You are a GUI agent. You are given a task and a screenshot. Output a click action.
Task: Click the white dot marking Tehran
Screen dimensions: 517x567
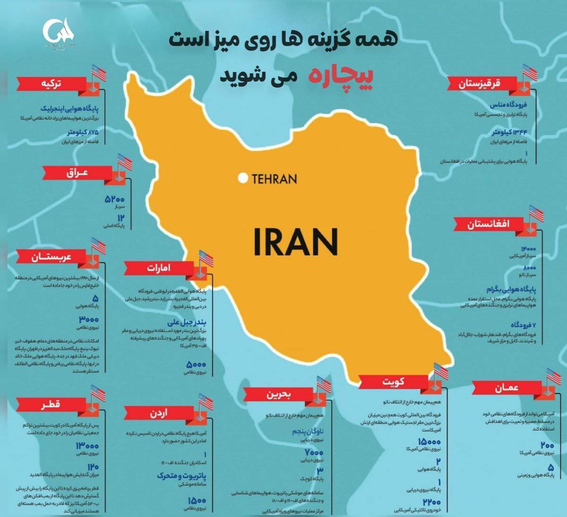[x=243, y=178]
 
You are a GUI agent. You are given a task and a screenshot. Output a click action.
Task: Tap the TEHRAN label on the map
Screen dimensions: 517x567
[x=275, y=179]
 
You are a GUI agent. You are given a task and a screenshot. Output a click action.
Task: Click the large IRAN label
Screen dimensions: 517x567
[x=296, y=241]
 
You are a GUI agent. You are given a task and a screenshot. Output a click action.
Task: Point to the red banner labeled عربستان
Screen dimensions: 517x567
[x=52, y=257]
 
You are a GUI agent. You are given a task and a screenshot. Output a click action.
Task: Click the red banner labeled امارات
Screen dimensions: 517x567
[x=159, y=268]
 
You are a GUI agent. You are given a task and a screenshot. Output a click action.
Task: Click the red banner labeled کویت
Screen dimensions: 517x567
[x=393, y=381]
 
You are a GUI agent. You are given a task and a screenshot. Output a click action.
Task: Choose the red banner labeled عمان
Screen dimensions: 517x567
[x=506, y=388]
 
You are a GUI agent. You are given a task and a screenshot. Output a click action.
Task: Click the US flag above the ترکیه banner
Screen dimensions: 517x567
[x=99, y=73]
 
